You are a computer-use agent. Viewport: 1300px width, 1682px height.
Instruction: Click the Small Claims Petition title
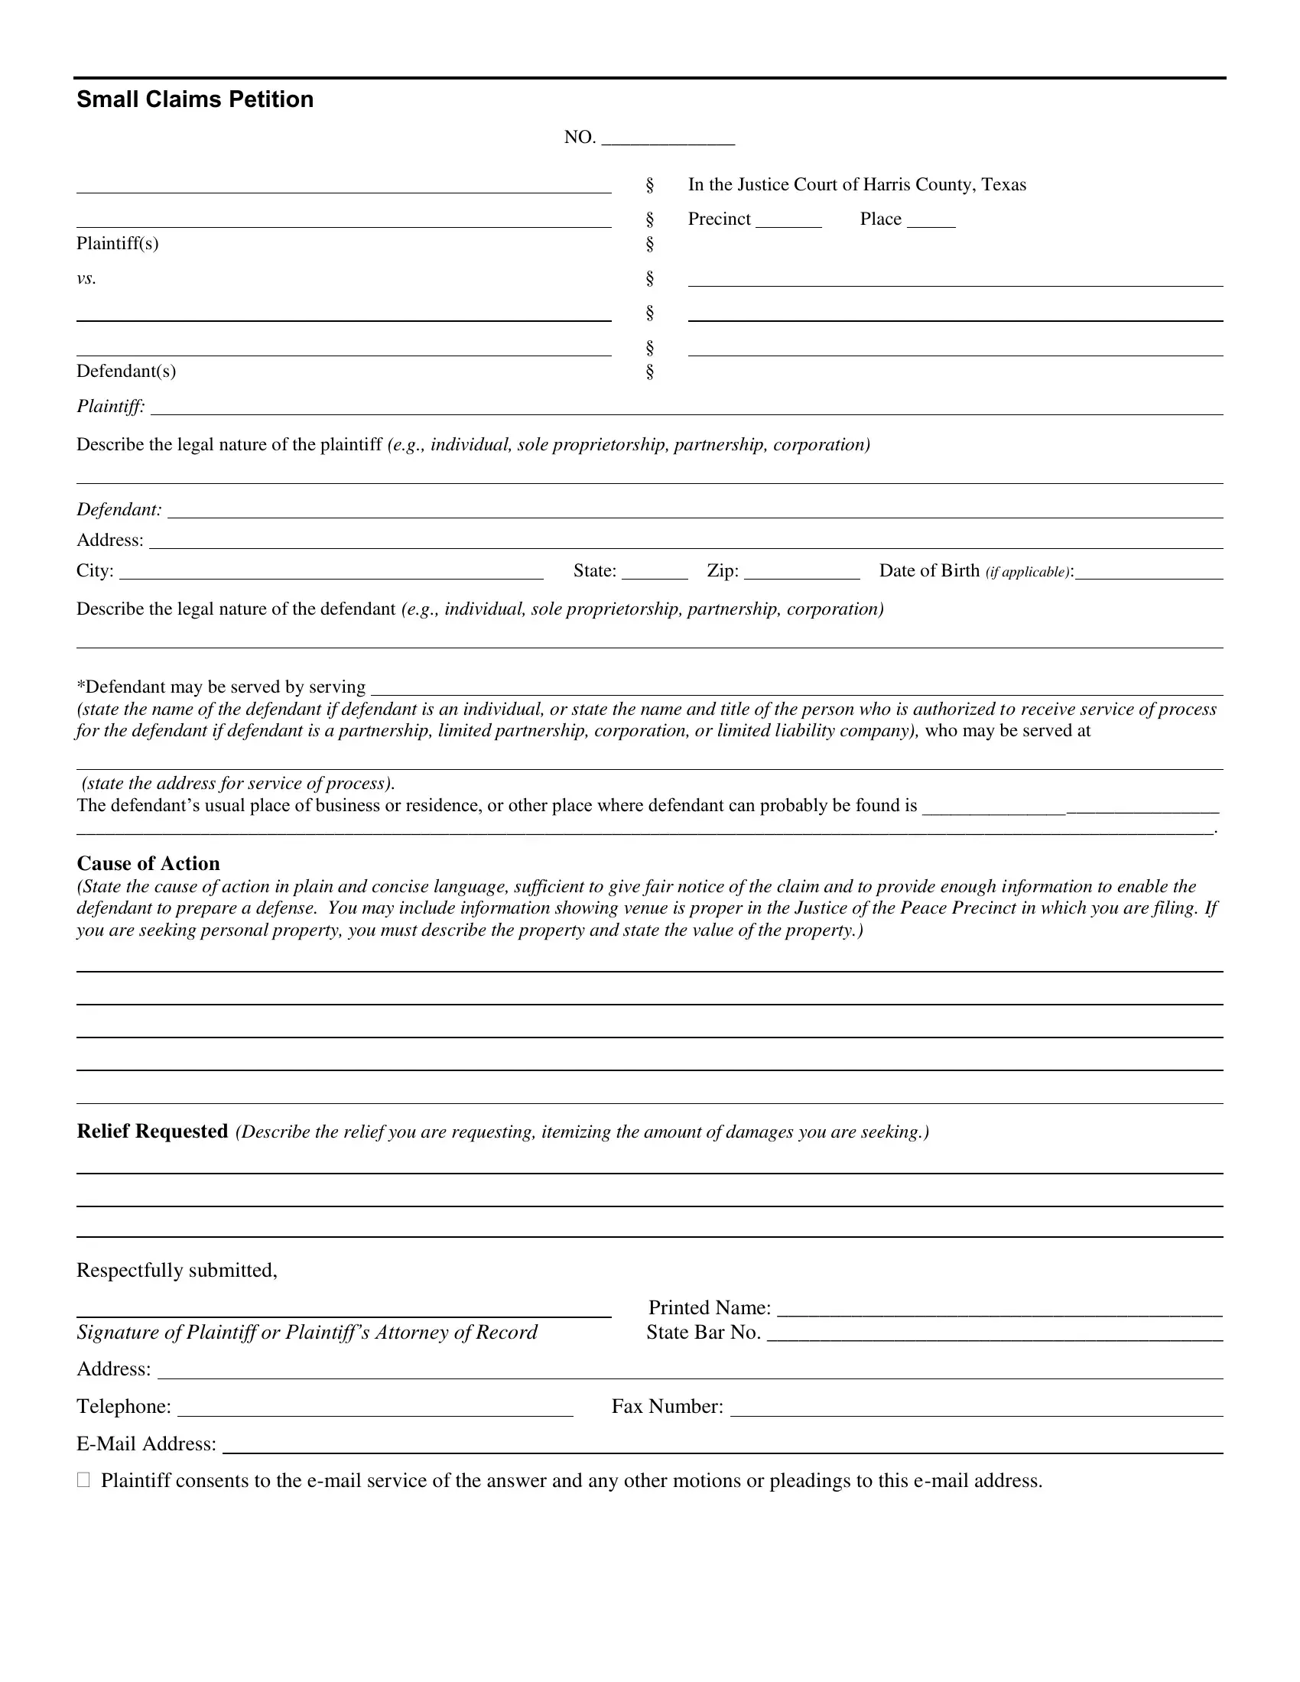coord(195,99)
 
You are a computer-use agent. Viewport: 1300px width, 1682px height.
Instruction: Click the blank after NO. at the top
coord(668,138)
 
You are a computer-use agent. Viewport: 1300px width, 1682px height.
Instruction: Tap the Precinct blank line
coord(788,220)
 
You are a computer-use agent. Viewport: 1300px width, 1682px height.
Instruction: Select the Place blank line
coord(931,220)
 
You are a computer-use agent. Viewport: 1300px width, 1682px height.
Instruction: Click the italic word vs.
coord(86,278)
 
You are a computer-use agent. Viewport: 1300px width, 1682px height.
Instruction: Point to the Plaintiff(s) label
coord(117,243)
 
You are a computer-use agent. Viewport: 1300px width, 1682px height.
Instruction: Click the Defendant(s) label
coord(126,372)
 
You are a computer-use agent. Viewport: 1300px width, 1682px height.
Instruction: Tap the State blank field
coord(655,572)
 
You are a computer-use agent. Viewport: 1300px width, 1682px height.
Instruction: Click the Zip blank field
coord(801,572)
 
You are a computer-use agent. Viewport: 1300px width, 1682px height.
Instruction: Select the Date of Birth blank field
coord(1149,572)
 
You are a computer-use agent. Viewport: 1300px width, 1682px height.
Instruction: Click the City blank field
coord(331,572)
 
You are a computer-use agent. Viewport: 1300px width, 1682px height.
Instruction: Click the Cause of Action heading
coord(148,863)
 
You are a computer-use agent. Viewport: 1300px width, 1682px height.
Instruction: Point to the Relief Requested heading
coord(152,1131)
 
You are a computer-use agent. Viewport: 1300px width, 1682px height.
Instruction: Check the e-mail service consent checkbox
coord(83,1479)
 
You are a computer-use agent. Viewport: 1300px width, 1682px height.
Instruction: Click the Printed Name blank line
coord(999,1309)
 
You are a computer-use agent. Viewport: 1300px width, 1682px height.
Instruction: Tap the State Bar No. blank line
coord(995,1334)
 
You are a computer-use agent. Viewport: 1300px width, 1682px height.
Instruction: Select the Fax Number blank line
coord(977,1408)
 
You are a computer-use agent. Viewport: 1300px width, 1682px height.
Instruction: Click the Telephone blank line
coord(375,1408)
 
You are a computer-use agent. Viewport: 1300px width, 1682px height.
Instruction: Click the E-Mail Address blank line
coord(723,1445)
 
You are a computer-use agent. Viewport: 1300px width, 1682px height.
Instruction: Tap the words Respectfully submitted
coord(177,1270)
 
